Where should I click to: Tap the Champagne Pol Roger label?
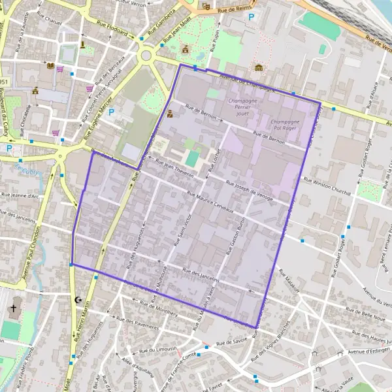point(284,125)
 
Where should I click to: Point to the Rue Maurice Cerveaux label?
point(210,199)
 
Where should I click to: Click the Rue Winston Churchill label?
point(327,187)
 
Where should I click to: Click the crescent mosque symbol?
point(80,300)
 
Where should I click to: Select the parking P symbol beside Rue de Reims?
point(250,17)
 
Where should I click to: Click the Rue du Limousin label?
point(154,350)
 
